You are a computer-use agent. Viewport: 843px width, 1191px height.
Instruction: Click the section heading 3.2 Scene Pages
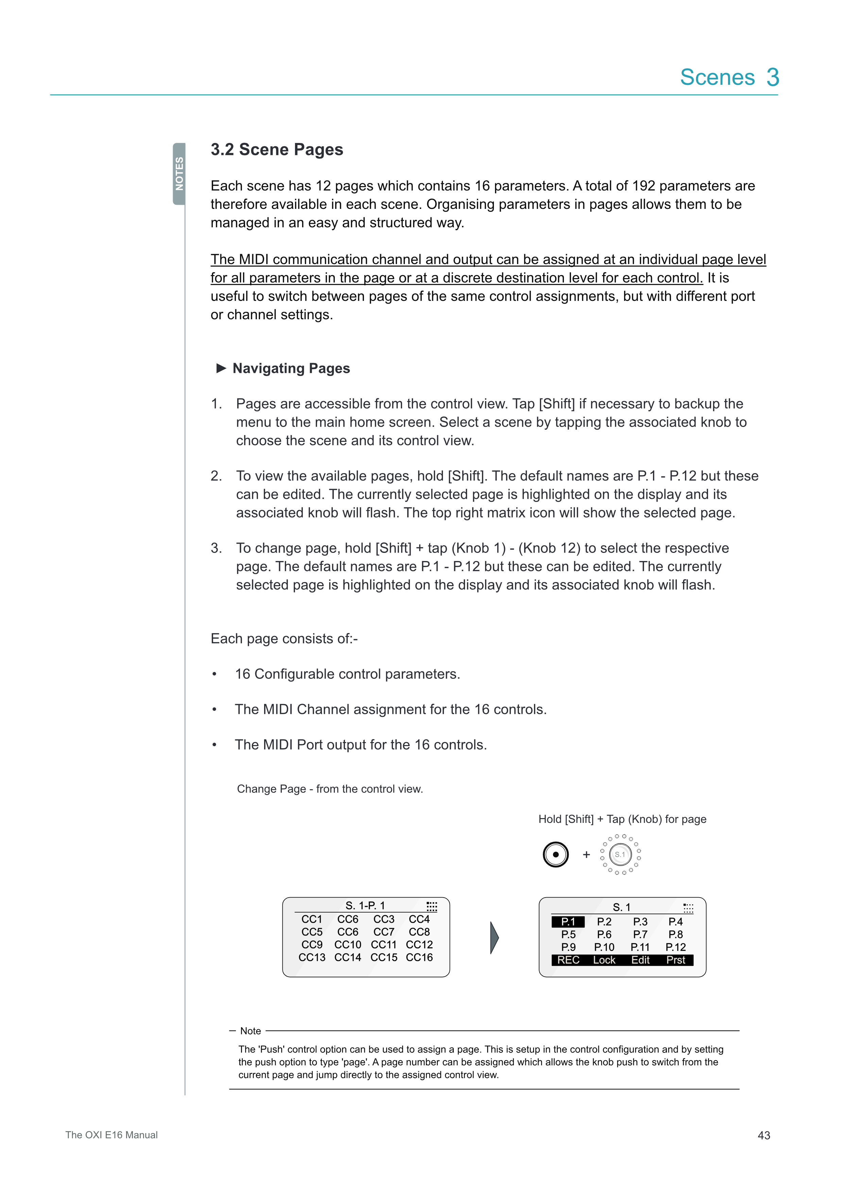[277, 149]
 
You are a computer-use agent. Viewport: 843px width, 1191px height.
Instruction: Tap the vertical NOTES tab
[179, 174]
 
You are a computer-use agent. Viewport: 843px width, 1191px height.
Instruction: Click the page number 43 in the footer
[763, 1135]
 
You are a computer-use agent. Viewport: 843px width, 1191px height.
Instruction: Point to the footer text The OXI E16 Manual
[111, 1135]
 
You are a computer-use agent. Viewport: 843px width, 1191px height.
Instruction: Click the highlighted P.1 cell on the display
[568, 922]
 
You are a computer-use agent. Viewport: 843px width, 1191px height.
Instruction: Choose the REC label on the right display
[568, 960]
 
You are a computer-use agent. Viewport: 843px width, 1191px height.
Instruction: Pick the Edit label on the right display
[640, 960]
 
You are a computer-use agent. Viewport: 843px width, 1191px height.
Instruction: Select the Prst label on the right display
[675, 960]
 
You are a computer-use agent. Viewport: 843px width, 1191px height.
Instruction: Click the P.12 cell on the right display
[675, 947]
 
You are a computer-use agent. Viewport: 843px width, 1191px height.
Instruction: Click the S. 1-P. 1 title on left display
[365, 906]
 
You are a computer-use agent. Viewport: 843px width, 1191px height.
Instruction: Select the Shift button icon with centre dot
[555, 854]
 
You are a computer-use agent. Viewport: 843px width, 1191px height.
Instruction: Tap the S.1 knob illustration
[620, 854]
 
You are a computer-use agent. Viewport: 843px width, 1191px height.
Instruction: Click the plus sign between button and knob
[587, 854]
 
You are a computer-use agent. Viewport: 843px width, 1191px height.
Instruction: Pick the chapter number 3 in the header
[772, 77]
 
